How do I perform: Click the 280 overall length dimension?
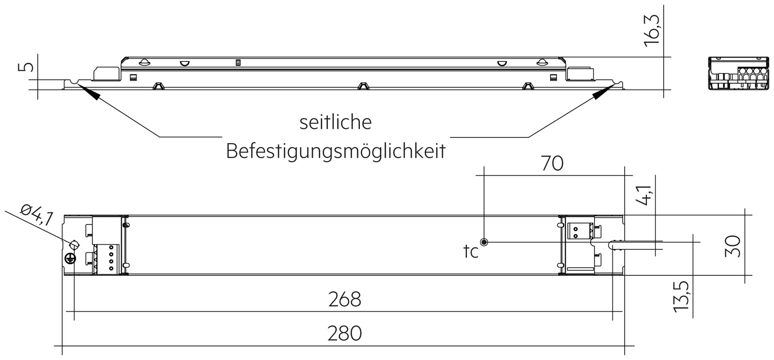(344, 333)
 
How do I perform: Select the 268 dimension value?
(344, 300)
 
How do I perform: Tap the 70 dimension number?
(552, 164)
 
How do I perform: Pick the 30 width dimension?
(732, 246)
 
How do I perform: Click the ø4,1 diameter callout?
(37, 215)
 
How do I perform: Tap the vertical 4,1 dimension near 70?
(643, 195)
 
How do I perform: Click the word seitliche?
(336, 122)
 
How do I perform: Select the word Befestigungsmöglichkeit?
(336, 151)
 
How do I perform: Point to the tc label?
(471, 252)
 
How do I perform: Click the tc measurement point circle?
(484, 242)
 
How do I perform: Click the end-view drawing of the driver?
(739, 74)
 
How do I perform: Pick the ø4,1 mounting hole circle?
(74, 245)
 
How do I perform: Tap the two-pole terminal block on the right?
(579, 231)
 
